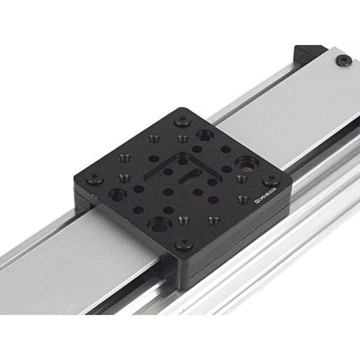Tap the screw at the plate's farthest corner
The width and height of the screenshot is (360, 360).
tap(182, 120)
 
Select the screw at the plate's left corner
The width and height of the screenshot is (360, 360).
tap(94, 178)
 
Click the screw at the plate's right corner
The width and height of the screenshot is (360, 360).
tap(271, 179)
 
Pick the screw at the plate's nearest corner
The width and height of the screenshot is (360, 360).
tap(184, 243)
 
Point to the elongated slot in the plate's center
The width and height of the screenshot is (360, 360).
tap(190, 176)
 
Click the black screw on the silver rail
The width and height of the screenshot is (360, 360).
tap(343, 60)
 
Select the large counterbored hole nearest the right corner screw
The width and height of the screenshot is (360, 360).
tap(246, 162)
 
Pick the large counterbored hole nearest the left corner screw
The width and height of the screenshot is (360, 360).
tap(117, 194)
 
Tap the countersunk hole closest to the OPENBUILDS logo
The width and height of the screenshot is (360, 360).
tap(242, 199)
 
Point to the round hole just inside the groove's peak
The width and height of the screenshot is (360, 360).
tap(182, 161)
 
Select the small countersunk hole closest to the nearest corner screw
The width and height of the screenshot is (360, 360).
tap(184, 220)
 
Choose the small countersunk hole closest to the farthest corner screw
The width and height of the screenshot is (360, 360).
tap(182, 139)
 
